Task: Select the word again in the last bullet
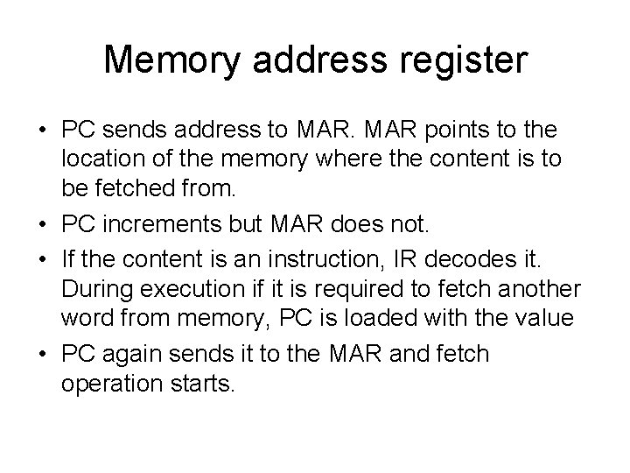132,355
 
